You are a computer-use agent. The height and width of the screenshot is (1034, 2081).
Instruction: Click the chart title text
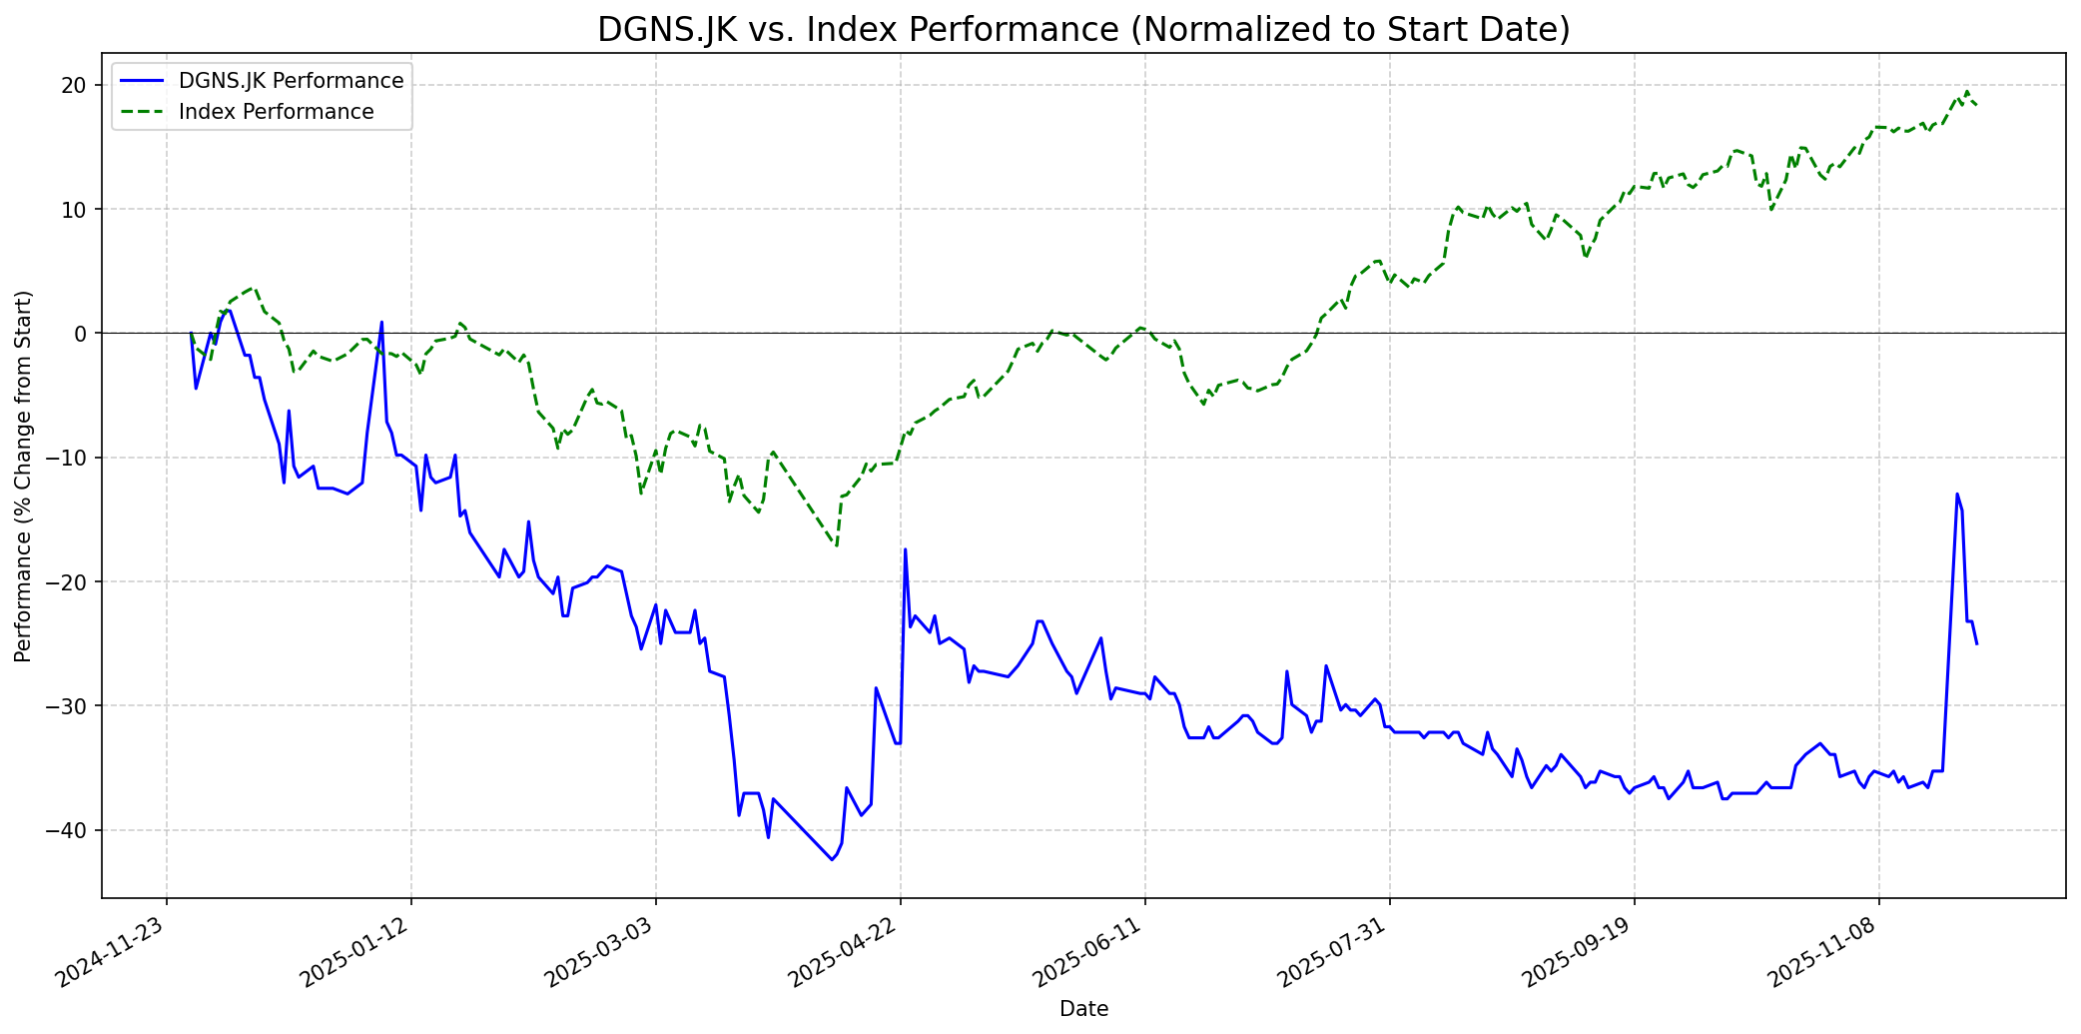point(1083,30)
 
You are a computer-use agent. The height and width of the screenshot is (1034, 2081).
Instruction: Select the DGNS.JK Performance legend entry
point(291,81)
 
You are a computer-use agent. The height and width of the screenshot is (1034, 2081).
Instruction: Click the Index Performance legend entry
point(276,112)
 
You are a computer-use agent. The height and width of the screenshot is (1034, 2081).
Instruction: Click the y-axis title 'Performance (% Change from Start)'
point(23,477)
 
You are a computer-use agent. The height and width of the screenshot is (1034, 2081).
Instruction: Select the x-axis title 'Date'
point(1083,1009)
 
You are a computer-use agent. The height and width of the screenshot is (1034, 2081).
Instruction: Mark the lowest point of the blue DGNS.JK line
point(832,859)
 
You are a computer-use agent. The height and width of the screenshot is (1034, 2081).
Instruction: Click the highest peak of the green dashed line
point(1967,92)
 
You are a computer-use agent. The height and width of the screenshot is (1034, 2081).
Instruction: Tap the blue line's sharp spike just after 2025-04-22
point(905,549)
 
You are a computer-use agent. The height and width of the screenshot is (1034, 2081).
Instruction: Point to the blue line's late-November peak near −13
point(1957,494)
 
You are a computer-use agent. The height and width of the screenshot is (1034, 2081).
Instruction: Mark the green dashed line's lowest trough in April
point(836,545)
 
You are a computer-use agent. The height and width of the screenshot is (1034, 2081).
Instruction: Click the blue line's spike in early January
point(381,322)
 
